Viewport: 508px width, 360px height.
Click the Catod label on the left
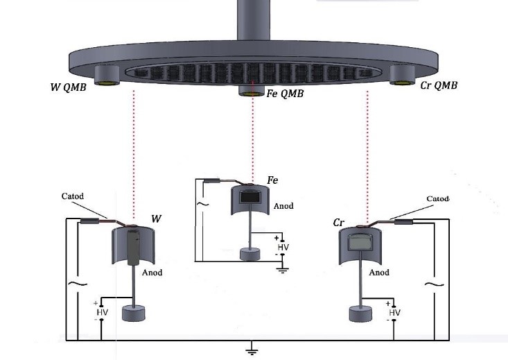tap(72, 196)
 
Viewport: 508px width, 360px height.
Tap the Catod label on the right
tap(438, 198)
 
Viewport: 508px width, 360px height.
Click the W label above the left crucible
tap(156, 219)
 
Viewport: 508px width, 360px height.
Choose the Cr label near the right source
tap(339, 223)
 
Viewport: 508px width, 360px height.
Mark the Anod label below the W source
tap(152, 273)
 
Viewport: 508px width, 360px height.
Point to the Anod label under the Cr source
tap(379, 273)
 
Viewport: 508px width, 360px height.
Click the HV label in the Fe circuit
tap(283, 247)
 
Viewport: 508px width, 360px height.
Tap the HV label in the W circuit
tap(103, 313)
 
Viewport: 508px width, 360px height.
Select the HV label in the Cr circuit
tap(395, 313)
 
